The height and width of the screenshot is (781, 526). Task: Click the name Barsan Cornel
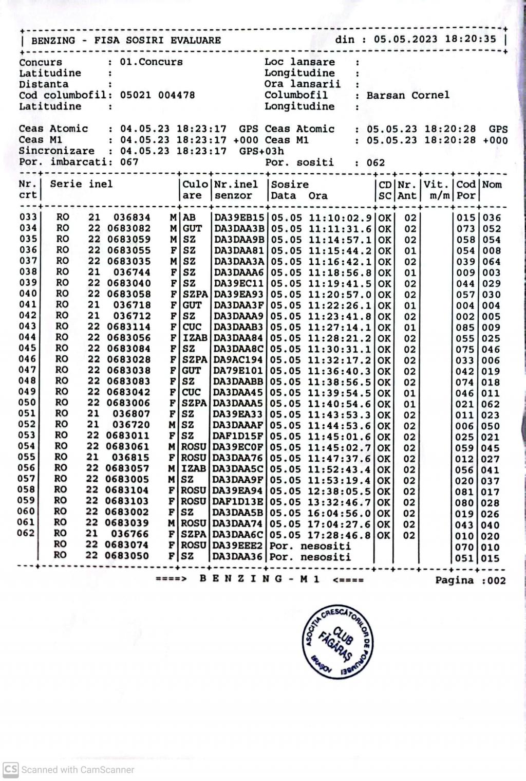tap(408, 95)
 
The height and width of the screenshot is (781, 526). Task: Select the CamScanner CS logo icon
tap(10, 769)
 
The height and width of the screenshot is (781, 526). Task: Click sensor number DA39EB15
tap(239, 218)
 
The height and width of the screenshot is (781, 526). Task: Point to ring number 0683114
tap(129, 327)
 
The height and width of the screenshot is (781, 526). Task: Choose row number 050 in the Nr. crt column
tap(27, 403)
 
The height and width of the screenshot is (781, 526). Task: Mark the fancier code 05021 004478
tap(158, 95)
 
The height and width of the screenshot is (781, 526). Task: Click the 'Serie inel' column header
tap(81, 184)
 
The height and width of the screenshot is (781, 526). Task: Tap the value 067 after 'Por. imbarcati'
tap(129, 162)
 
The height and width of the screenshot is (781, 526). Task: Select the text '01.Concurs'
tap(152, 62)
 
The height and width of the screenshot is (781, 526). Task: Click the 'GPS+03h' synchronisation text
tap(261, 151)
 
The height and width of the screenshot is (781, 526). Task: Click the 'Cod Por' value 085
tap(466, 327)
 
